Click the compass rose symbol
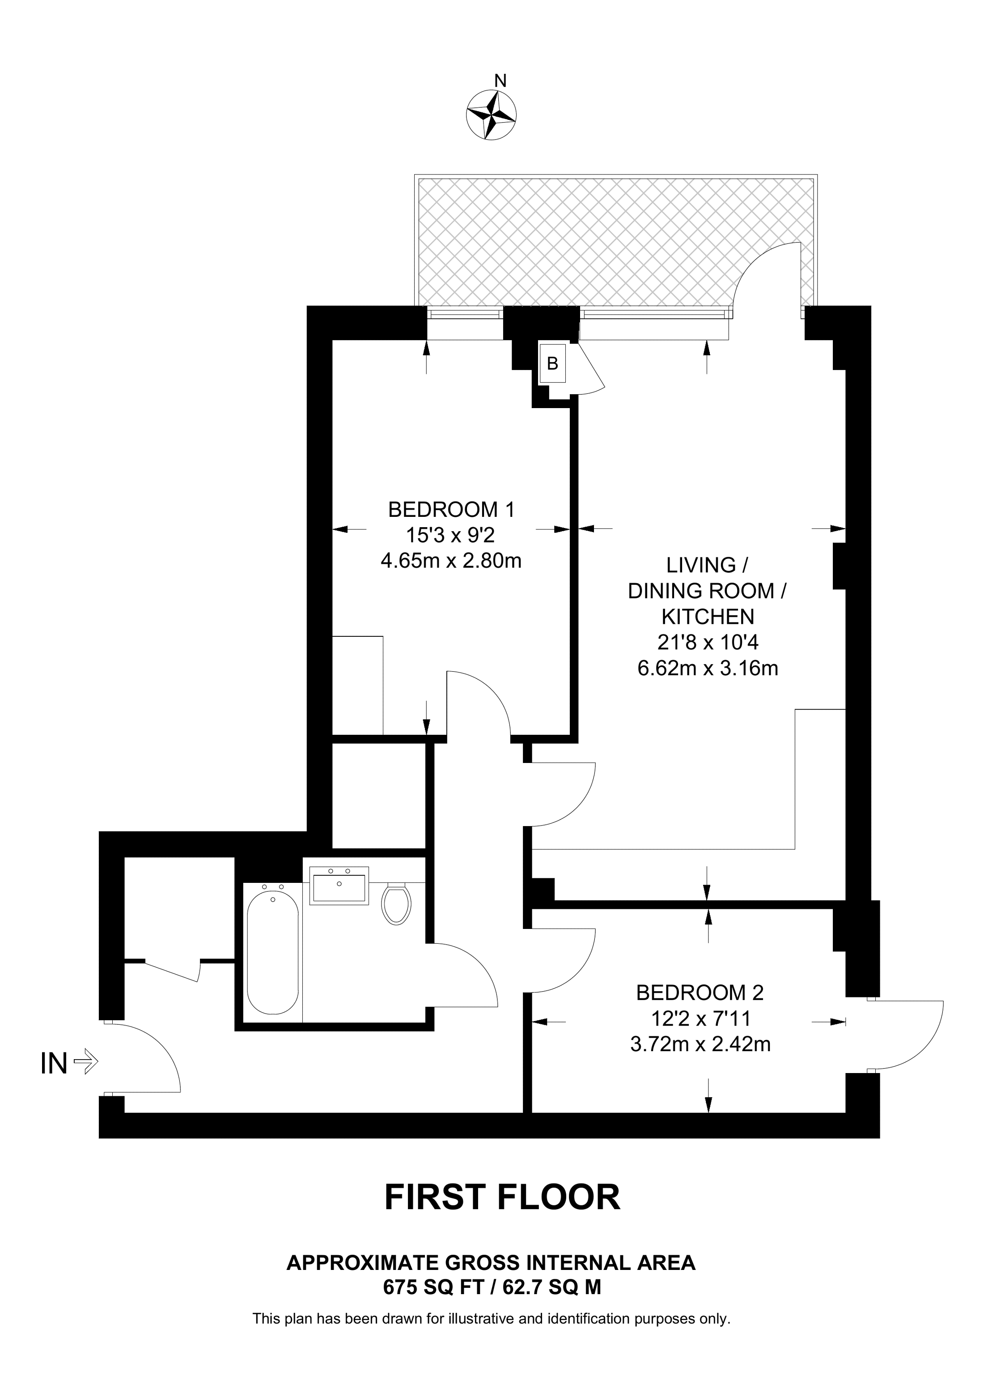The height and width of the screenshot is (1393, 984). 492,114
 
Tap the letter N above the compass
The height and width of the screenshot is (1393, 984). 500,81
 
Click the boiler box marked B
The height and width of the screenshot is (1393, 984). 552,363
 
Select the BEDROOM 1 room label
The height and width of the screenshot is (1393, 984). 451,510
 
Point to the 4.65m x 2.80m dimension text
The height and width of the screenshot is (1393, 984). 451,561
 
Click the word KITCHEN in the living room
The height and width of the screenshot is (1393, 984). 708,617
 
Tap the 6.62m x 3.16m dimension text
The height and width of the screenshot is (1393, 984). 708,669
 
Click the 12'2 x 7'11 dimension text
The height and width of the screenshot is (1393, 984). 700,1018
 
